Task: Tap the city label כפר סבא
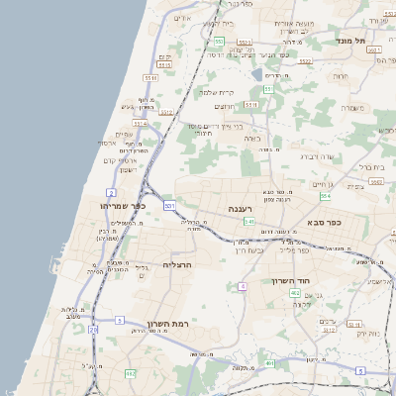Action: click(x=324, y=223)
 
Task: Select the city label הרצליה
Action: click(x=175, y=264)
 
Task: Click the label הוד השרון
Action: click(x=291, y=281)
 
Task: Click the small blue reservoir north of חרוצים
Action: click(x=257, y=74)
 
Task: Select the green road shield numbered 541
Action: click(x=250, y=221)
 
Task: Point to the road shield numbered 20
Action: click(x=93, y=329)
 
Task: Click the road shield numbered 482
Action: click(x=295, y=293)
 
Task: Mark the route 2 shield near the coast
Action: click(x=112, y=193)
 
